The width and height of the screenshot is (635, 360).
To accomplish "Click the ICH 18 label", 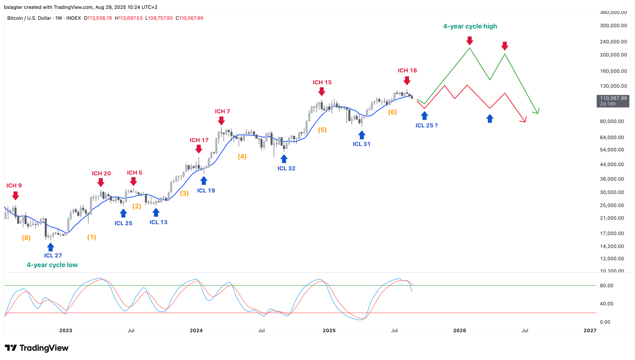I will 407,70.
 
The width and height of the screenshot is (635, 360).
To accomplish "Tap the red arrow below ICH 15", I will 322,91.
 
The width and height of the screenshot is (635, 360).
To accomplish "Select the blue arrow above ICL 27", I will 50,247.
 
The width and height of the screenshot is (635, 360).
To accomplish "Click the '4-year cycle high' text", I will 470,26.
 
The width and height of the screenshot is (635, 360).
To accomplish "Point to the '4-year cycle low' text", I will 52,265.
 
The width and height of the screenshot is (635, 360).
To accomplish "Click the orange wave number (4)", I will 242,157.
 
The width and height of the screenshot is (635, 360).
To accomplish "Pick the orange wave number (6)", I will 392,112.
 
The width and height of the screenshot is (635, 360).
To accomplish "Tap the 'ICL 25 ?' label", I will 426,125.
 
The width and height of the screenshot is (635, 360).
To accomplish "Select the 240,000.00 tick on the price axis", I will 613,42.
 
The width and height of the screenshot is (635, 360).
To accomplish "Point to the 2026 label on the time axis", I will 459,330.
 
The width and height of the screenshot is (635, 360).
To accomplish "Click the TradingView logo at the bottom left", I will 37,348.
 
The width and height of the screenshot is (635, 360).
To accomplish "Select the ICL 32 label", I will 286,168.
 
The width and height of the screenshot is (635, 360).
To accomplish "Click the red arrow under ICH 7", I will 221,121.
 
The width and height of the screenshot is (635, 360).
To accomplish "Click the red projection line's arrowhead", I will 525,120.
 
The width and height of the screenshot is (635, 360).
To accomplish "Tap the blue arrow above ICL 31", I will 362,135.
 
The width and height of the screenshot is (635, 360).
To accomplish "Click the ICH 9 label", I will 14,185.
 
